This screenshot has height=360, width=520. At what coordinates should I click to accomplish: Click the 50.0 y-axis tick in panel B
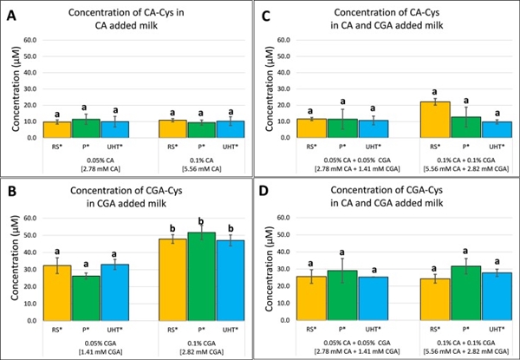(30, 235)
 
